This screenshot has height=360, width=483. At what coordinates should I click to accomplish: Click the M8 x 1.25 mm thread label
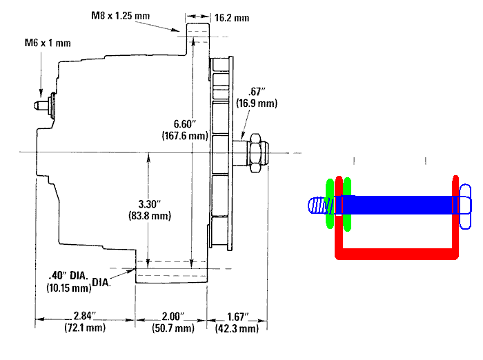[x=121, y=15]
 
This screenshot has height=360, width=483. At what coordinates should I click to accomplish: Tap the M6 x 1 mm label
[x=48, y=43]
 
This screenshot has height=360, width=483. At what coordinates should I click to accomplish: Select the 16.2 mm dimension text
[x=232, y=17]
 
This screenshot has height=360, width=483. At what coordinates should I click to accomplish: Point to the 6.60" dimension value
[x=185, y=124]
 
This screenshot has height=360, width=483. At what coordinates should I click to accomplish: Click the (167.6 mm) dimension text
[x=185, y=135]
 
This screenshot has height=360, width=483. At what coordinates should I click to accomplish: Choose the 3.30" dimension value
[x=150, y=204]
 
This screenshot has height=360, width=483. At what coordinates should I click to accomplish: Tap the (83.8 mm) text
[x=150, y=216]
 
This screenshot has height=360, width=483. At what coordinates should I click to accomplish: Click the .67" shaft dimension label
[x=257, y=92]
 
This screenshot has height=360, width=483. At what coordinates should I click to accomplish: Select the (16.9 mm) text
[x=257, y=103]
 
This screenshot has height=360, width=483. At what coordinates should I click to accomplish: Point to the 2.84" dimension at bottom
[x=85, y=316]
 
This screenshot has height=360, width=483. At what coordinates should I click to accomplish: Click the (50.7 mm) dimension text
[x=173, y=328]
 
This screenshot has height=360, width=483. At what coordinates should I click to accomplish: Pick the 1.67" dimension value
[x=237, y=317]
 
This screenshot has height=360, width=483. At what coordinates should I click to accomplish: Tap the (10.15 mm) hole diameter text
[x=69, y=288]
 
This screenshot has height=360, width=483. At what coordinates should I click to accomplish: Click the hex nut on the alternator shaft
[x=255, y=153]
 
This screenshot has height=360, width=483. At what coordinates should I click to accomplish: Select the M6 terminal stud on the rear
[x=45, y=105]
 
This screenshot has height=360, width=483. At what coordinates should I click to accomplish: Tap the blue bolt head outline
[x=465, y=207]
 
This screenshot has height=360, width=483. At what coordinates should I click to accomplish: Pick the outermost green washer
[x=330, y=203]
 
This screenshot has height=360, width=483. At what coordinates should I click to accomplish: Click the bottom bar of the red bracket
[x=397, y=253]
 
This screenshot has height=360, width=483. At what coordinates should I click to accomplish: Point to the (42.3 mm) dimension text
[x=237, y=328]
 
